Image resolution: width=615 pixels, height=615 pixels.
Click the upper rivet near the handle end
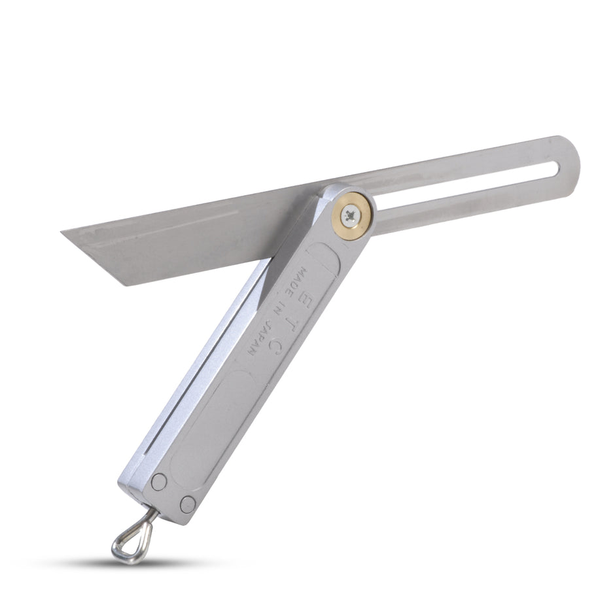pos(158,482)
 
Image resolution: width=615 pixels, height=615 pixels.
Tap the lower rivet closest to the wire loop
pos(188,504)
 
